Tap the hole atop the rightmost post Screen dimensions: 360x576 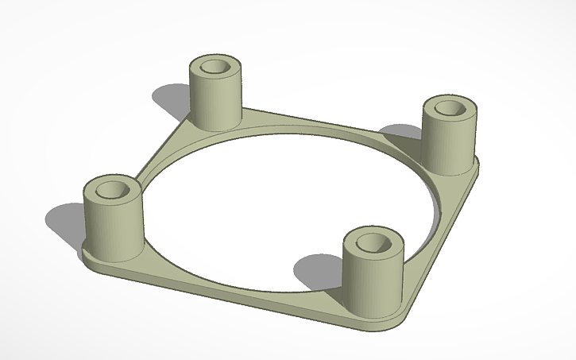click(x=450, y=107)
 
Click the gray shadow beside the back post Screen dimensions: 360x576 click(x=171, y=99)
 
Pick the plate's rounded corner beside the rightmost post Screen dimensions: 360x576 click(x=476, y=167)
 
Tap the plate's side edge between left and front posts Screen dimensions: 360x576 click(x=238, y=294)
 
